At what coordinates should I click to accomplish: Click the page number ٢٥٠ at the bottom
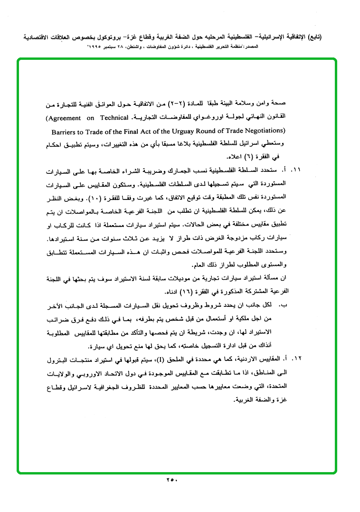click(x=171, y=480)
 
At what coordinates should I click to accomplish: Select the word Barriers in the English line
click(x=65, y=130)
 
